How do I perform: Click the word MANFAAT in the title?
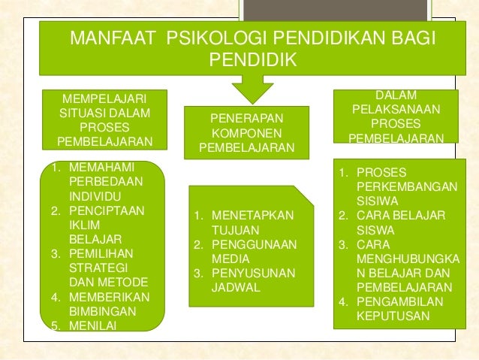click(x=112, y=38)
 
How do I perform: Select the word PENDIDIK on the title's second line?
click(x=253, y=59)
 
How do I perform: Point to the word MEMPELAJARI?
click(x=104, y=99)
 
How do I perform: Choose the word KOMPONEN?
click(x=247, y=133)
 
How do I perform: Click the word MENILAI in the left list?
click(x=89, y=325)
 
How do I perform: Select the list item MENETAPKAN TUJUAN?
click(x=249, y=223)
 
